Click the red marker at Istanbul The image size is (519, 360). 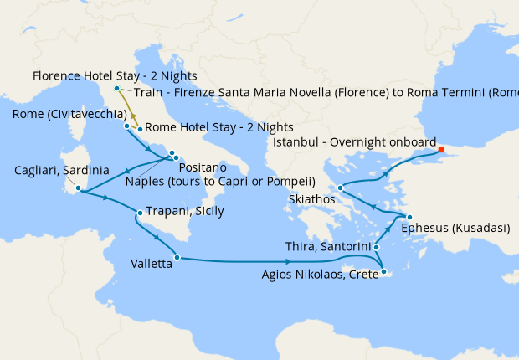coord(441,151)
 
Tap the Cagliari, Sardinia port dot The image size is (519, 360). coord(78,188)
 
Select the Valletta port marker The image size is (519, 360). coord(177,257)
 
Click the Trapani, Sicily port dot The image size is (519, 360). coord(139,213)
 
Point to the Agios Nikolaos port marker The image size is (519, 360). coord(383,271)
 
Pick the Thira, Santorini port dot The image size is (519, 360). coord(377,247)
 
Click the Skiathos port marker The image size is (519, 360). coord(340,188)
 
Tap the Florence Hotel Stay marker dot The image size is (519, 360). coord(116,87)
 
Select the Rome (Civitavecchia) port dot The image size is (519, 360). coord(126,126)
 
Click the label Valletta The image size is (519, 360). coord(152,263)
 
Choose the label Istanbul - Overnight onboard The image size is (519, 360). coord(355,142)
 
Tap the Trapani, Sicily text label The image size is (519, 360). coord(185,211)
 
